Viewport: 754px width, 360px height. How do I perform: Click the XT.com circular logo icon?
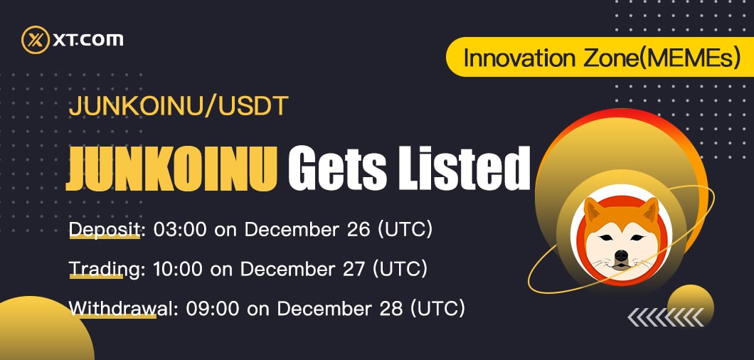pyautogui.click(x=36, y=39)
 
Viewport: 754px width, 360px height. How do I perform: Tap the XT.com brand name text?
pyautogui.click(x=88, y=40)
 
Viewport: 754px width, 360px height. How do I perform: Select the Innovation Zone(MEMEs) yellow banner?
pyautogui.click(x=600, y=57)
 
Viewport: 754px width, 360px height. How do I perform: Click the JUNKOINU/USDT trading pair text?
pyautogui.click(x=179, y=107)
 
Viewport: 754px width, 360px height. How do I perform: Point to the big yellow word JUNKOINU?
pyautogui.click(x=171, y=169)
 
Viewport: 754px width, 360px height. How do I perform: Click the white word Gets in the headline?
pyautogui.click(x=338, y=169)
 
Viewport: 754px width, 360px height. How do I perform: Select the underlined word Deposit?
pyautogui.click(x=105, y=230)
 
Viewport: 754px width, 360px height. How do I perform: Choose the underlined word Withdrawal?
pyautogui.click(x=113, y=308)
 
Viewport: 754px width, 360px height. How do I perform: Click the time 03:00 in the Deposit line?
pyautogui.click(x=180, y=230)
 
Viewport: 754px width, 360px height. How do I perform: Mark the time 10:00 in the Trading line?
pyautogui.click(x=177, y=268)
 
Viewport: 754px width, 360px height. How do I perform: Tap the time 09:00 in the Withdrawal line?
pyautogui.click(x=213, y=308)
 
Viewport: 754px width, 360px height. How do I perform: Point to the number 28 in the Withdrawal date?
pyautogui.click(x=390, y=308)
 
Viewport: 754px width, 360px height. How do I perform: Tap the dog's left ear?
pyautogui.click(x=593, y=210)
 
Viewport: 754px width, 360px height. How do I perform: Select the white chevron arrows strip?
pyautogui.click(x=666, y=317)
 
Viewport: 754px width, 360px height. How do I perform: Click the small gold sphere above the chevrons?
pyautogui.click(x=691, y=303)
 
